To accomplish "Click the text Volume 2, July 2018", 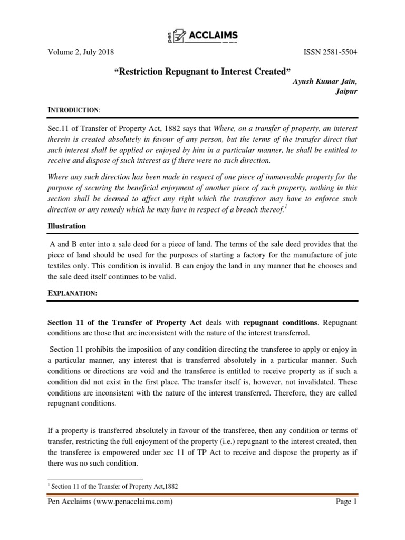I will (x=81, y=52).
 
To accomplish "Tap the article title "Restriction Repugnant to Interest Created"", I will (x=202, y=71).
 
